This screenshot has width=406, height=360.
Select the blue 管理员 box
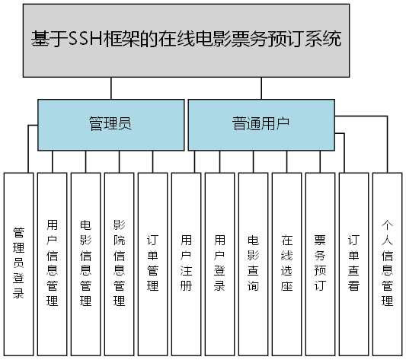tap(110, 124)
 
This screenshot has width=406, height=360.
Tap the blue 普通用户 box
tap(261, 124)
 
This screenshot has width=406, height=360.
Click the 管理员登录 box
tap(19, 263)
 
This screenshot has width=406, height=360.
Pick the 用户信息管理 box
tap(52, 263)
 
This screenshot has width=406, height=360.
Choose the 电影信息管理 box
tap(85, 263)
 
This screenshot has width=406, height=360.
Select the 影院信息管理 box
tap(119, 263)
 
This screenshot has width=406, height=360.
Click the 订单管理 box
tap(152, 263)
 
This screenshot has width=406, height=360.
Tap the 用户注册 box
tap(186, 263)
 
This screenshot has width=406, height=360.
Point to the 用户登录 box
tap(219, 263)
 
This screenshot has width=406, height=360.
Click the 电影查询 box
tap(253, 263)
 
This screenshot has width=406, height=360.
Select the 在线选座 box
tap(286, 263)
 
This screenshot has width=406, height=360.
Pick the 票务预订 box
tap(320, 263)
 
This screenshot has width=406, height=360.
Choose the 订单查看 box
tap(353, 263)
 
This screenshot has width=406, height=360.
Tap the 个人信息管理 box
tap(387, 263)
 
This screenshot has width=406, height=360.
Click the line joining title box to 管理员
tap(111, 89)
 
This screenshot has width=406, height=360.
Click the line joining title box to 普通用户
tap(261, 89)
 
